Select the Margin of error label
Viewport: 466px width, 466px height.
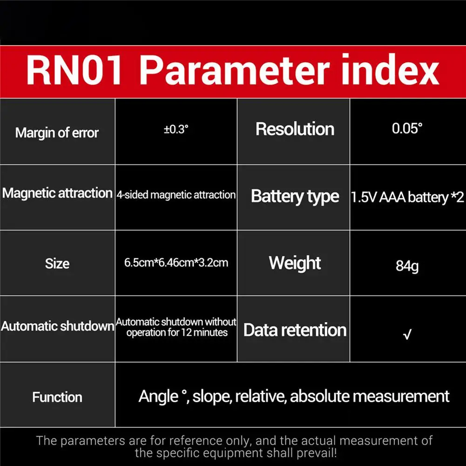[57, 133]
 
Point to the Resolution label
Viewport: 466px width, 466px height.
[295, 129]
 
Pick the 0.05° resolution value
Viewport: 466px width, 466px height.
[407, 129]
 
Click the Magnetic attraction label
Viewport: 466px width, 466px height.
[57, 193]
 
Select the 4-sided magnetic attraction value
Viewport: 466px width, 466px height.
[176, 195]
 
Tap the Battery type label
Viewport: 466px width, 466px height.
[295, 196]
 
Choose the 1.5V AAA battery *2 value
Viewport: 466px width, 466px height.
[407, 197]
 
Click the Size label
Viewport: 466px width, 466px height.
[57, 263]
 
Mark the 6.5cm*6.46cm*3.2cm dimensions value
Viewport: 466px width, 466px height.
[176, 263]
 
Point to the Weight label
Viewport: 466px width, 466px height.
[295, 263]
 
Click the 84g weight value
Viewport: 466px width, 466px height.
[407, 266]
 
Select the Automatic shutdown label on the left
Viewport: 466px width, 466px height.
[57, 326]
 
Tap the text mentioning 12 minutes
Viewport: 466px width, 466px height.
[177, 332]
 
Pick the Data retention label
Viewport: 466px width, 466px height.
[295, 330]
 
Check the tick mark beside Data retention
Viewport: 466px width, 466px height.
[407, 334]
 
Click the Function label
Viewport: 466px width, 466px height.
[57, 397]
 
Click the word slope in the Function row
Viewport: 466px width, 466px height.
[212, 397]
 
